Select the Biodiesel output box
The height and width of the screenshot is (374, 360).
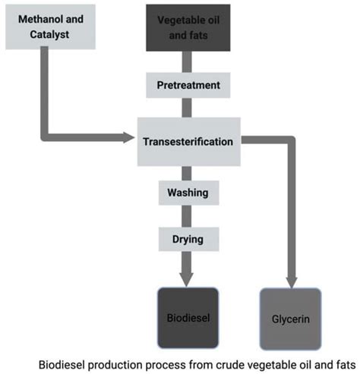tap(188, 317)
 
